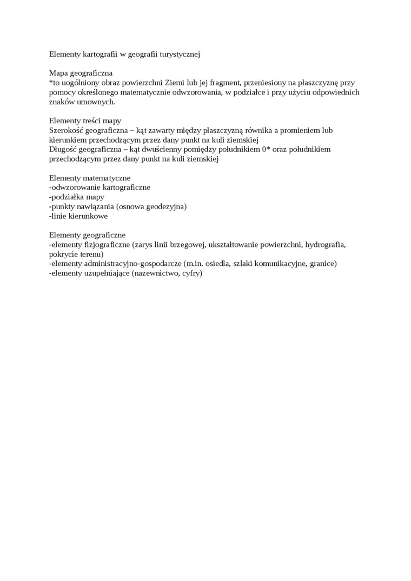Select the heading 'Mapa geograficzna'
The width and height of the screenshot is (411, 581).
coord(81,73)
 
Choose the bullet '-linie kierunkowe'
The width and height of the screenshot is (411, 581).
coord(78,216)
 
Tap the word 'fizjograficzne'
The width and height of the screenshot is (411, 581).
coord(107,244)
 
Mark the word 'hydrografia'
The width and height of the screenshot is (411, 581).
coord(325,244)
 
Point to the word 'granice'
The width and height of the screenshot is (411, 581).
coord(323,263)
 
